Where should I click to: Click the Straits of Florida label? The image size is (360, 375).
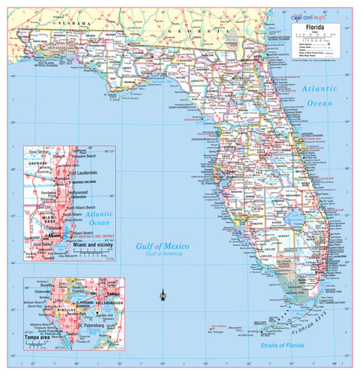[281, 346]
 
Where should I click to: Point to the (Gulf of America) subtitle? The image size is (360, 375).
[162, 256]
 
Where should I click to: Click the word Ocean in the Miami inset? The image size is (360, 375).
[99, 223]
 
